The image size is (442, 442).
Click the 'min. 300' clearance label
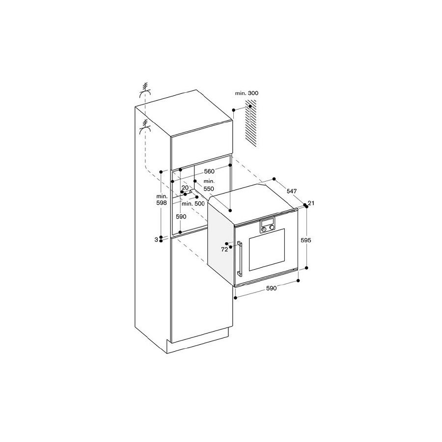click(247, 93)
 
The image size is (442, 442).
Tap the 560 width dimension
click(209, 171)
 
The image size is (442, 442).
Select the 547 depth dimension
click(292, 191)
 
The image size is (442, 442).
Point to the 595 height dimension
click(306, 240)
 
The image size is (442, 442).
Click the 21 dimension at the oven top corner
click(311, 203)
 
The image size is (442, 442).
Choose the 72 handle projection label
click(224, 249)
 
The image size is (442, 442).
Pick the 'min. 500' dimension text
click(193, 204)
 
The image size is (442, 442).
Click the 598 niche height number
click(162, 203)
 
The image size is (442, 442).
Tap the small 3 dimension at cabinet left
click(156, 240)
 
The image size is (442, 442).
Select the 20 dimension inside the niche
click(185, 188)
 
